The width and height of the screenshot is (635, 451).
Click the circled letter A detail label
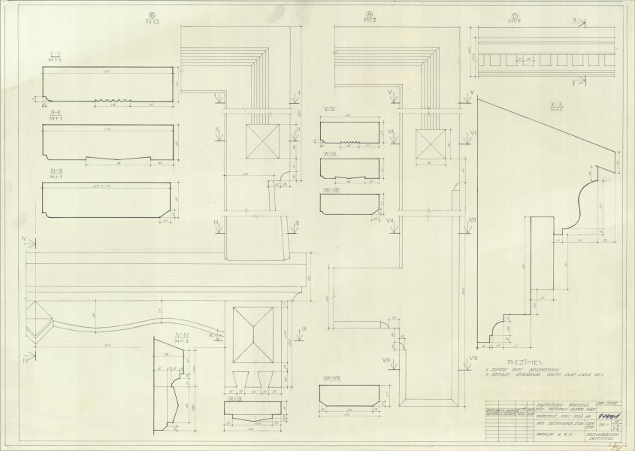pos(369,13)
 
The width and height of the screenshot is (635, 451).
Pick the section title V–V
pos(329,109)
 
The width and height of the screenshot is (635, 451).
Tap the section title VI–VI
pos(331,153)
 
